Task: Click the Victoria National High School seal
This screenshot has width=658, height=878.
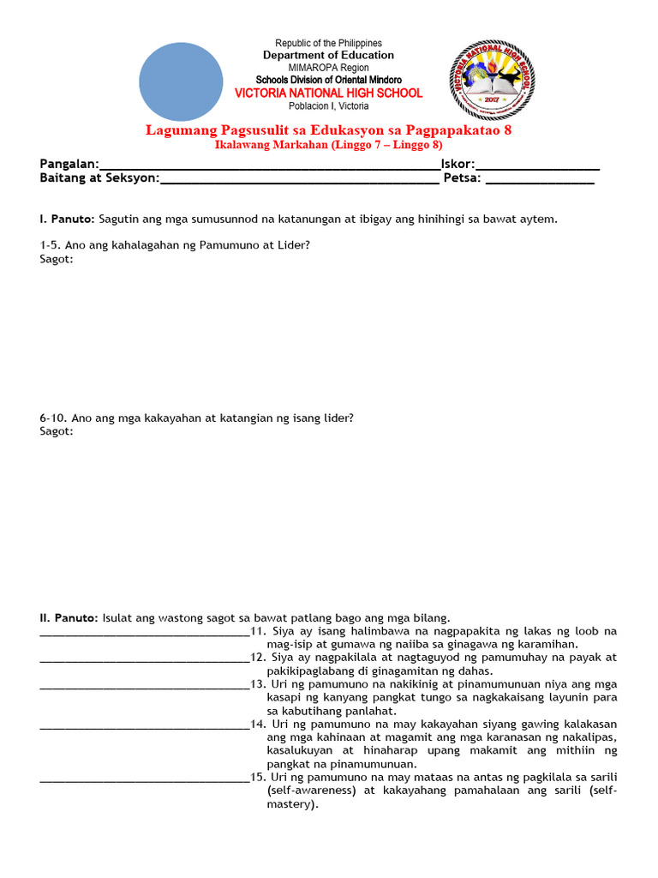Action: click(x=497, y=78)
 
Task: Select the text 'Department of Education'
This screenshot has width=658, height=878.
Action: click(x=328, y=55)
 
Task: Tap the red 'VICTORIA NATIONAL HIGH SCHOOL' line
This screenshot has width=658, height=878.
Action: click(x=328, y=93)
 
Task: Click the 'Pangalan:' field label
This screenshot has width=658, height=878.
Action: click(x=69, y=164)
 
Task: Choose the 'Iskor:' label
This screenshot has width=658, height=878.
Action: click(x=458, y=164)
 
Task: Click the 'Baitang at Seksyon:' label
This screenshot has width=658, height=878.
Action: click(x=99, y=178)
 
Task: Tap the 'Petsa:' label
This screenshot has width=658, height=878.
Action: click(x=462, y=178)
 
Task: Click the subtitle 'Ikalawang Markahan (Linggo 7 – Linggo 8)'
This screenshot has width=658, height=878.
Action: click(x=328, y=145)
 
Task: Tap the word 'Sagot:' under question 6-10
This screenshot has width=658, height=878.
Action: click(x=57, y=431)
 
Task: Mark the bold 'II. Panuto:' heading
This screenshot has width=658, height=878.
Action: click(x=69, y=617)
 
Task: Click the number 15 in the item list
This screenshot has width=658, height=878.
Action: click(x=257, y=777)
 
